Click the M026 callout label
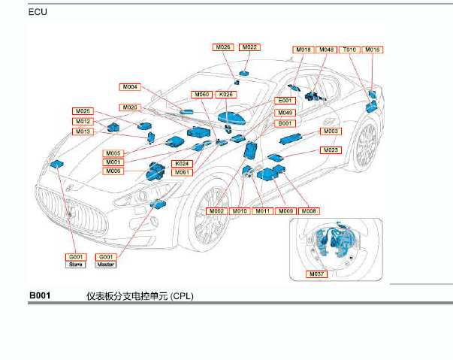(223, 47)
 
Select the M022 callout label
(250, 47)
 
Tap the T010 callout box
(350, 50)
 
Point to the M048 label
(326, 50)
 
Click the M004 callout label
(130, 87)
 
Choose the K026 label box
(225, 95)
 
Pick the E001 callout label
(285, 101)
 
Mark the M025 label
(83, 111)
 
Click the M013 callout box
(83, 132)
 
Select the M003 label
(331, 132)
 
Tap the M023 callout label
(331, 150)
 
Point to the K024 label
(182, 163)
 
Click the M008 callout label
(309, 211)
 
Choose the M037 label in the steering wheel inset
(318, 275)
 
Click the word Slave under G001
(77, 265)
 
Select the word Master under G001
(105, 265)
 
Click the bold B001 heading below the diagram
(40, 296)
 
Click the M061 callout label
(182, 172)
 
